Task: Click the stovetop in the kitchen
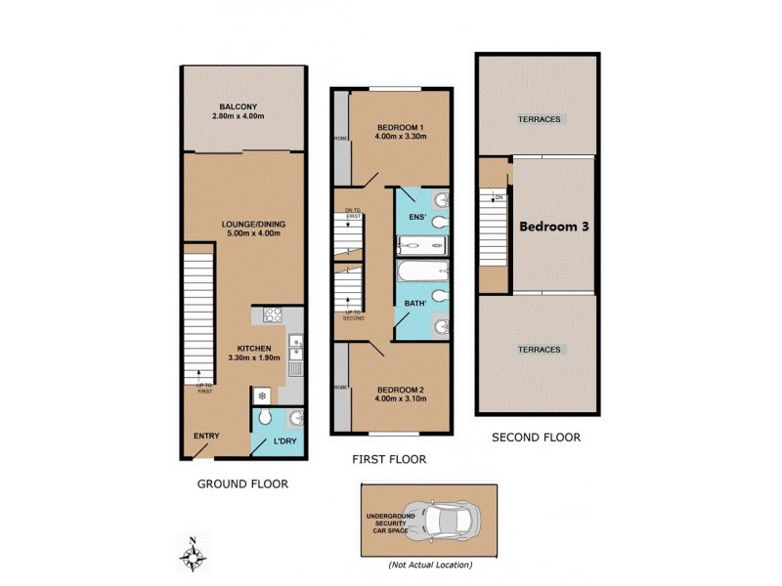(x=273, y=315)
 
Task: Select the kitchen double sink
(x=295, y=349)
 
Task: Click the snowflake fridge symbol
(x=262, y=396)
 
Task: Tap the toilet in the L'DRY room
(x=266, y=421)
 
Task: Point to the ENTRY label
(x=206, y=436)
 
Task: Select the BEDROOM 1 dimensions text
(x=400, y=138)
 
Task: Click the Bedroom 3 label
(x=552, y=226)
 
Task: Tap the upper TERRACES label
(x=540, y=119)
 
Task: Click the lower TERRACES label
(x=540, y=350)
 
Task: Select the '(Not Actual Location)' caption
(x=429, y=565)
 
